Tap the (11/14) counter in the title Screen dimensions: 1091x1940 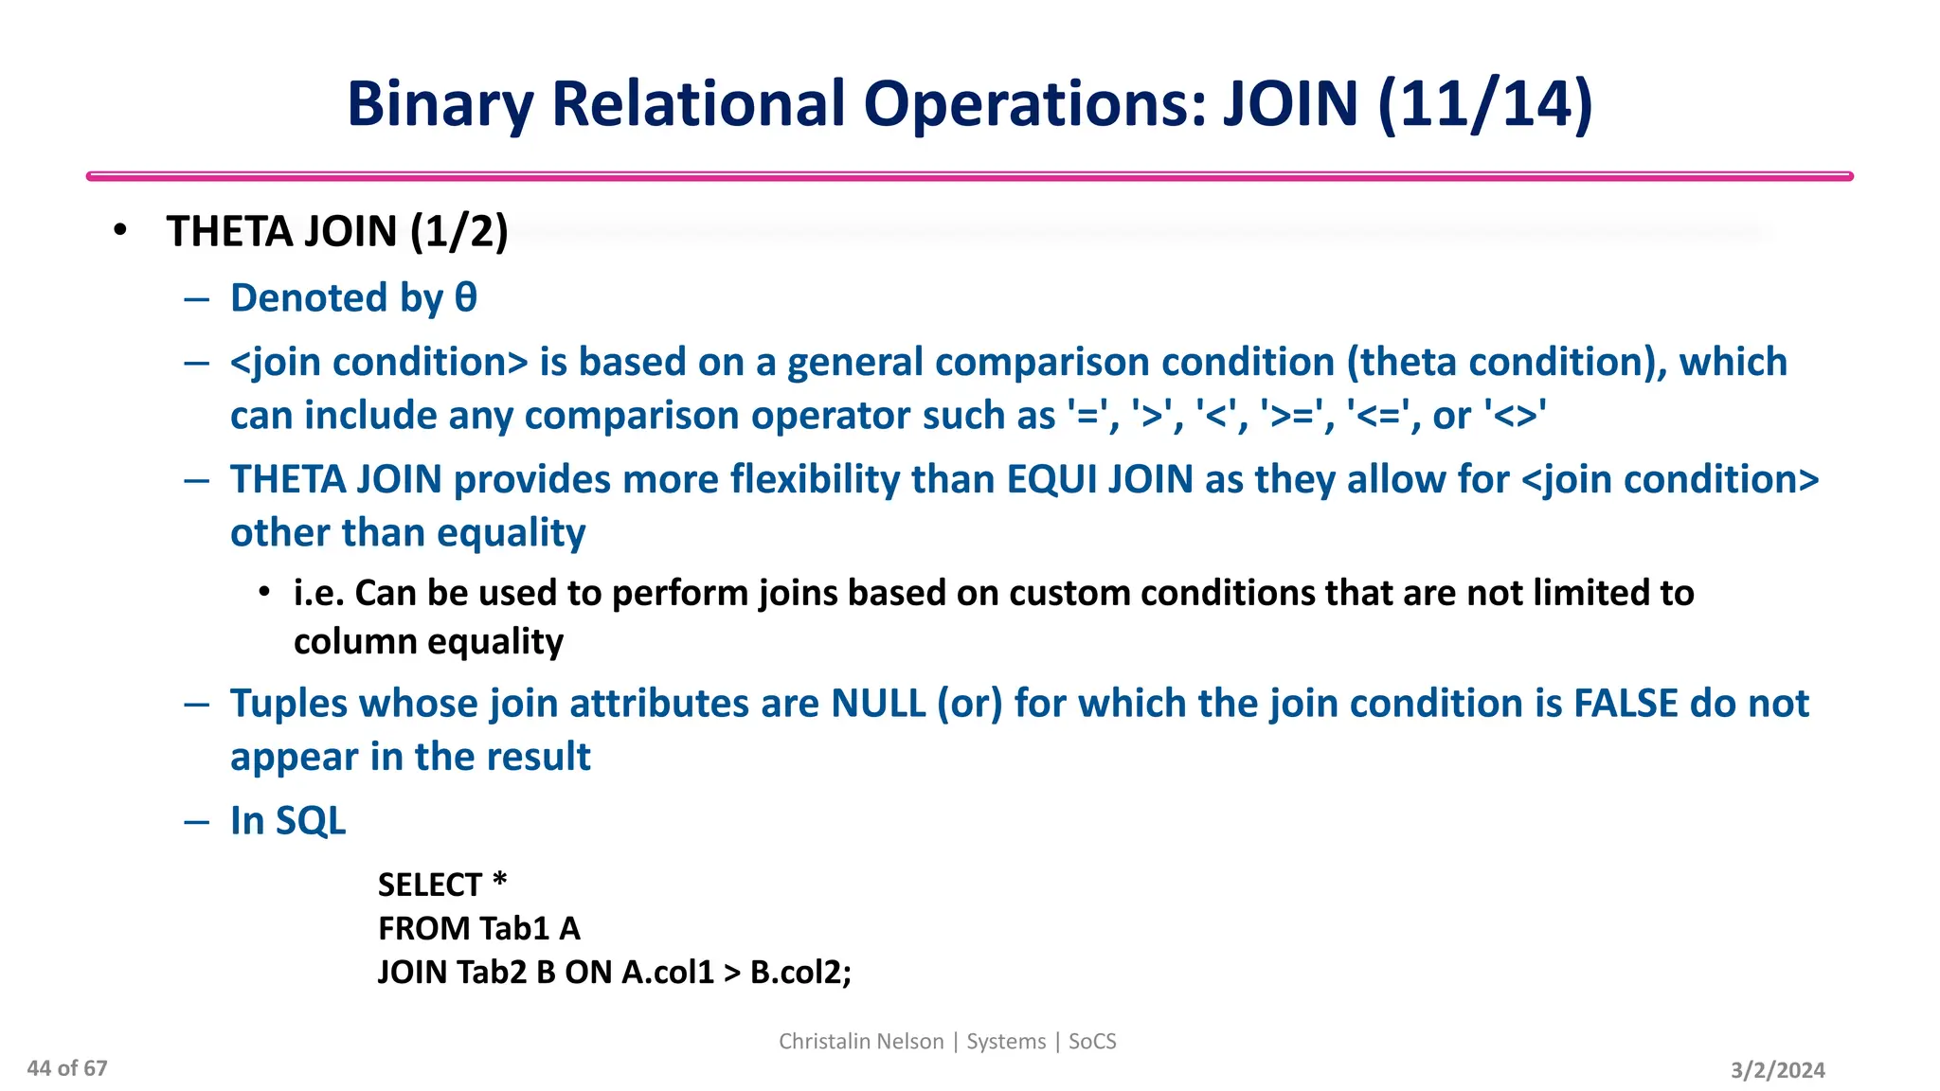[1485, 104]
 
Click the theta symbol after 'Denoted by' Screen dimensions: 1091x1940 [465, 297]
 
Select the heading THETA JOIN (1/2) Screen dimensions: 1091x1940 [337, 232]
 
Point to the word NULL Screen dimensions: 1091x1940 [878, 704]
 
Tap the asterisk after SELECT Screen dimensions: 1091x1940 [500, 882]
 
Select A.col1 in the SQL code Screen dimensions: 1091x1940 [667, 973]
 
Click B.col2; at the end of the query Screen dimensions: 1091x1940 [800, 973]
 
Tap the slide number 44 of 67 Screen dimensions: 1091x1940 [67, 1068]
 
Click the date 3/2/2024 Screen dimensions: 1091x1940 [1777, 1070]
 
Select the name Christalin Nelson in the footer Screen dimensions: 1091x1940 [861, 1042]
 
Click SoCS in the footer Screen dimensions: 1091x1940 [1092, 1042]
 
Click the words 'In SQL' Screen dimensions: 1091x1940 [288, 821]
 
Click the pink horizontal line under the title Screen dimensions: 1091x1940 [969, 176]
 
